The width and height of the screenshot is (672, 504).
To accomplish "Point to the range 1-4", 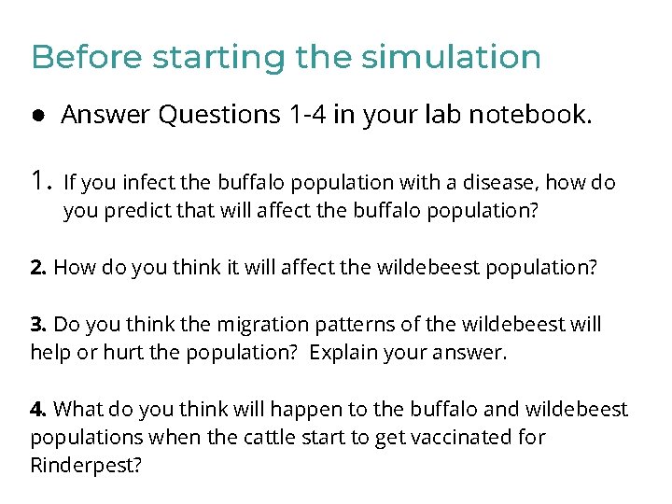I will pyautogui.click(x=309, y=115).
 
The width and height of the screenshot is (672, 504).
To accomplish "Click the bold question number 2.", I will pyautogui.click(x=38, y=268).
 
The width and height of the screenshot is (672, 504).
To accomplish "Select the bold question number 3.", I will pyautogui.click(x=38, y=325).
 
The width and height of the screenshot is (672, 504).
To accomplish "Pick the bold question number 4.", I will pyautogui.click(x=38, y=410).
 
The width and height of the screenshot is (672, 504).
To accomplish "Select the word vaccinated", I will pyautogui.click(x=460, y=438).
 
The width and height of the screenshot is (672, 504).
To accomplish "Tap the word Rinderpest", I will pyautogui.click(x=85, y=465).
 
